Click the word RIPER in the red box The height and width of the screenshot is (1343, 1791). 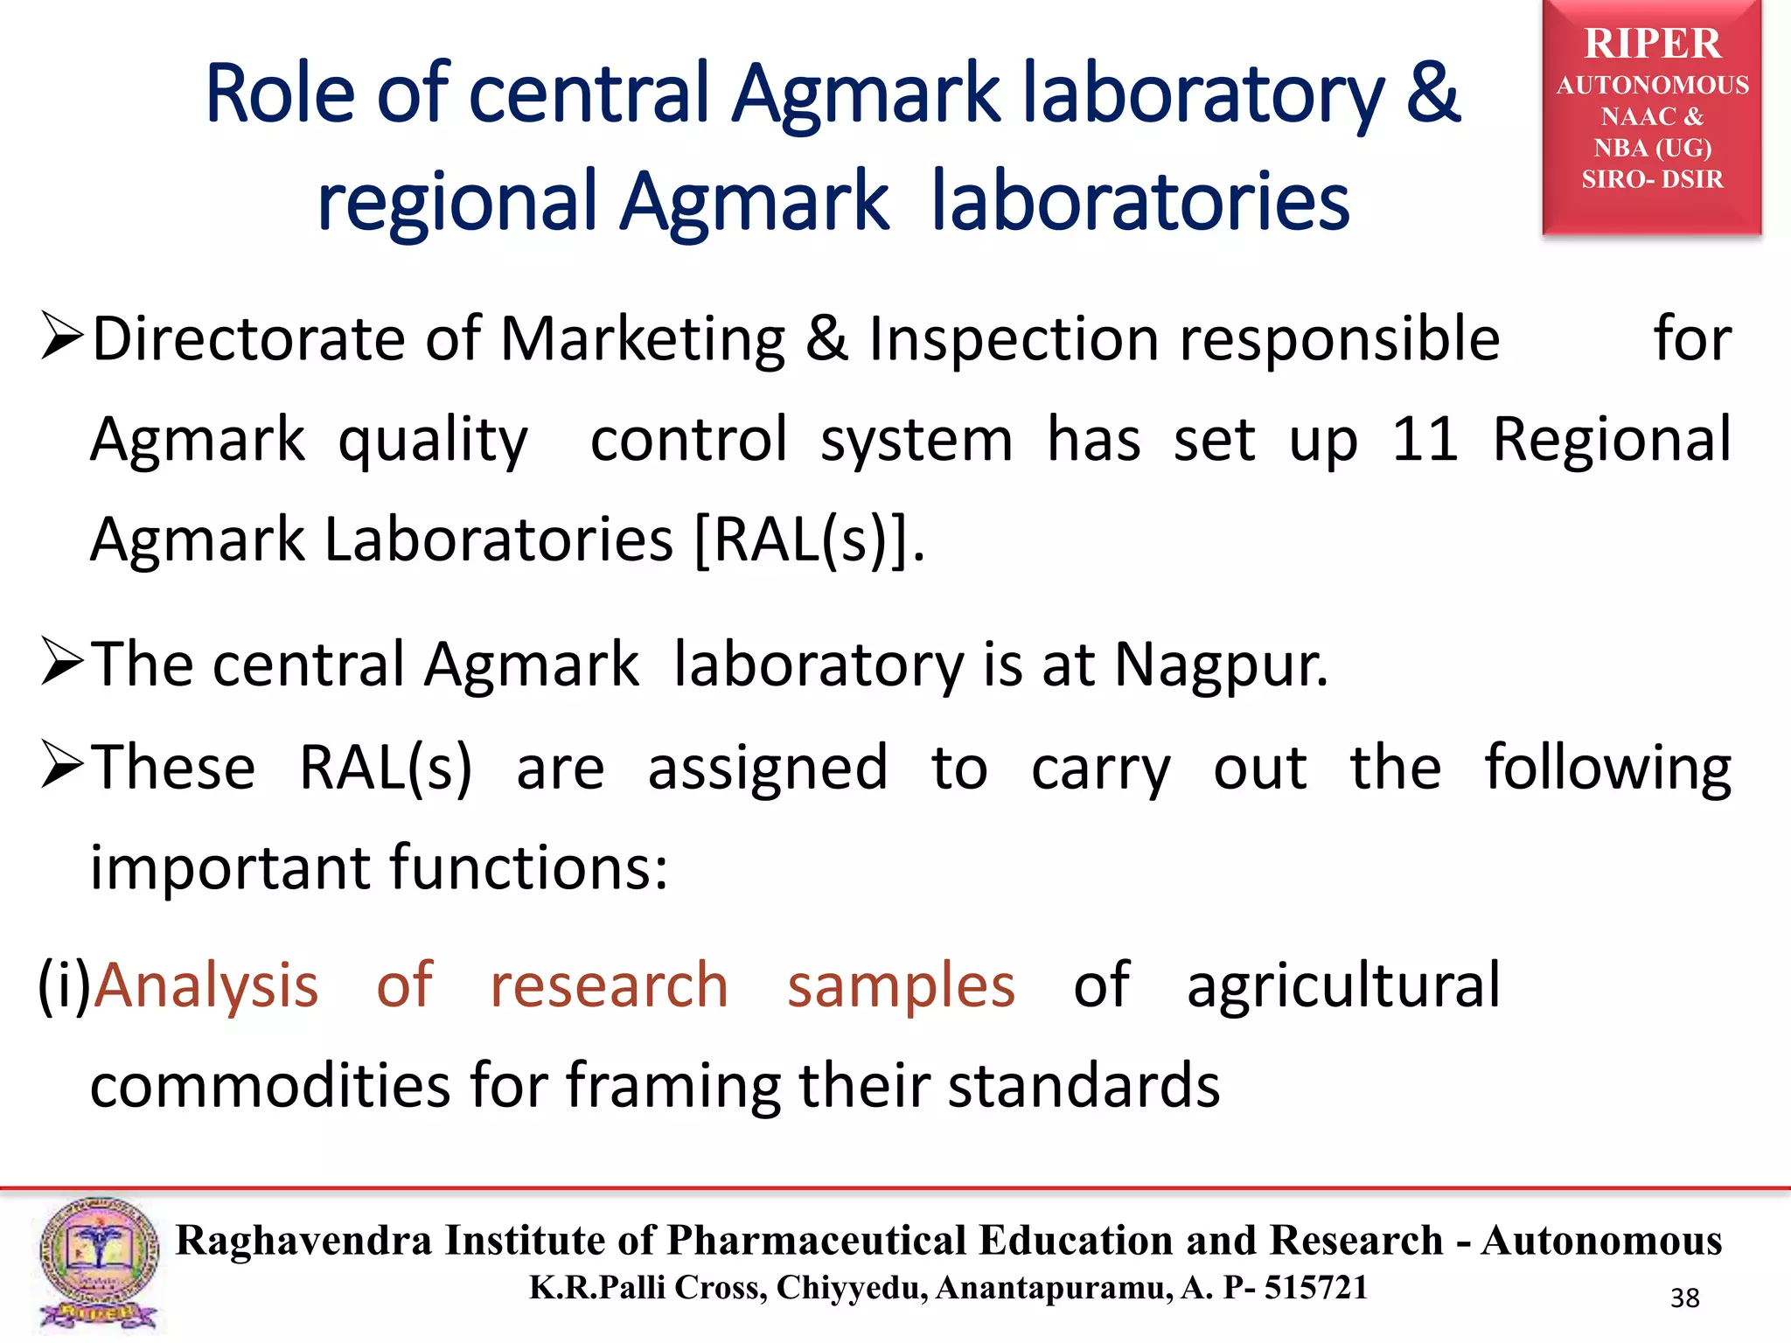point(1651,44)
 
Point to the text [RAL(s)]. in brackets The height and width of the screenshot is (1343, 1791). point(809,539)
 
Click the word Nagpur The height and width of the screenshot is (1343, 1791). point(1220,665)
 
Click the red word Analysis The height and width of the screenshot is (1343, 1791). point(206,986)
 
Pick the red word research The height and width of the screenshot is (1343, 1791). point(609,986)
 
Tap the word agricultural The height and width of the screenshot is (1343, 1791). point(1343,986)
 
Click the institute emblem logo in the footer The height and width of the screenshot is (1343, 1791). point(98,1263)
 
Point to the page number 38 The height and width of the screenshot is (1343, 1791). point(1684,1298)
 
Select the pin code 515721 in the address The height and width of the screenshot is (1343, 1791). point(1315,1287)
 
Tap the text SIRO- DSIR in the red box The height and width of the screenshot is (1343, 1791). point(1651,179)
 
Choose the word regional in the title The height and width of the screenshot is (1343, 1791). point(456,201)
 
